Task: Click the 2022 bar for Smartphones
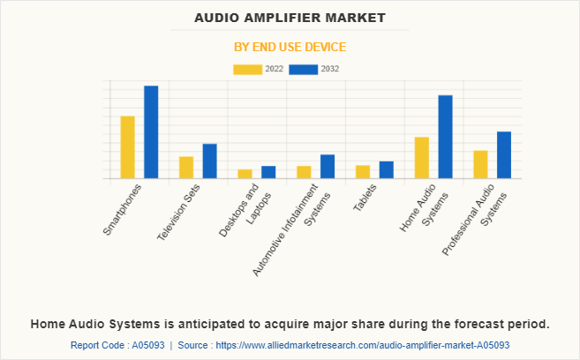pos(127,147)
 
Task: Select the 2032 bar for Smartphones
pos(151,132)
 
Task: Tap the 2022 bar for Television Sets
pos(186,168)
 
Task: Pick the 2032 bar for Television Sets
pos(209,161)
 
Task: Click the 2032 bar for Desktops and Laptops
pos(268,172)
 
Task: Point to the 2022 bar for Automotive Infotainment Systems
pos(304,172)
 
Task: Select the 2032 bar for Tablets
pos(386,169)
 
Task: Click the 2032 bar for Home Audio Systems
pos(445,137)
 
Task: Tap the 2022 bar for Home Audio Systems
pos(421,158)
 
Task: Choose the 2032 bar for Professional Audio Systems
pos(504,155)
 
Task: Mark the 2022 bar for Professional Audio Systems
pos(480,164)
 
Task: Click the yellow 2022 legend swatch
pos(247,69)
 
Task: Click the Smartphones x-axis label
pos(123,208)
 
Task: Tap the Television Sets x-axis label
pos(178,213)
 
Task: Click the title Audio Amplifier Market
pos(290,18)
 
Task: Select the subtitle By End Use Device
pos(290,46)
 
